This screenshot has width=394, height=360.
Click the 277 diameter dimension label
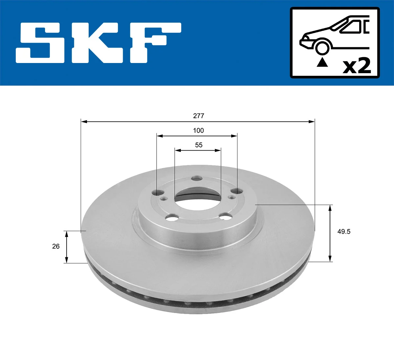point(198,116)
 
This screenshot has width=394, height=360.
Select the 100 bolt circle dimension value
point(198,131)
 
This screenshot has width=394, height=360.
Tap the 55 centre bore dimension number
point(199,145)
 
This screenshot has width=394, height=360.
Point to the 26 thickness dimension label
point(56,246)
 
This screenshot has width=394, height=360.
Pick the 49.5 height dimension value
point(344,232)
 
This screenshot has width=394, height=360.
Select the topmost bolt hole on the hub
point(197,178)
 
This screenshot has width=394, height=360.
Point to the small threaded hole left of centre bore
point(163,198)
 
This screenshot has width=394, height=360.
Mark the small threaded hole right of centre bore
point(231,197)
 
